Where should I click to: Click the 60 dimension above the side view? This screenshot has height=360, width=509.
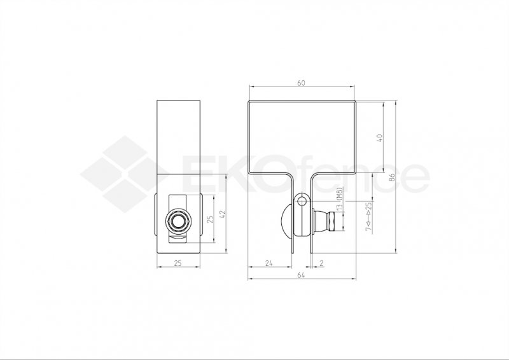302,83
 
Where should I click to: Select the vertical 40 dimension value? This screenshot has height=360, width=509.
380,137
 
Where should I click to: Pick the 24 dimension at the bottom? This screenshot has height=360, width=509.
269,261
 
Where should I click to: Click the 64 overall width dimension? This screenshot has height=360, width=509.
302,275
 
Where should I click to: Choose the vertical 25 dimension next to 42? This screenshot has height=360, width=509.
211,220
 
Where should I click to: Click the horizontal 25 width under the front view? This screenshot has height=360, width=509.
179,261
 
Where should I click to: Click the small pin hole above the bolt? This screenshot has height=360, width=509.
302,200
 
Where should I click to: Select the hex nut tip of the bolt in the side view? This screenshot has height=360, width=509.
331,223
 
